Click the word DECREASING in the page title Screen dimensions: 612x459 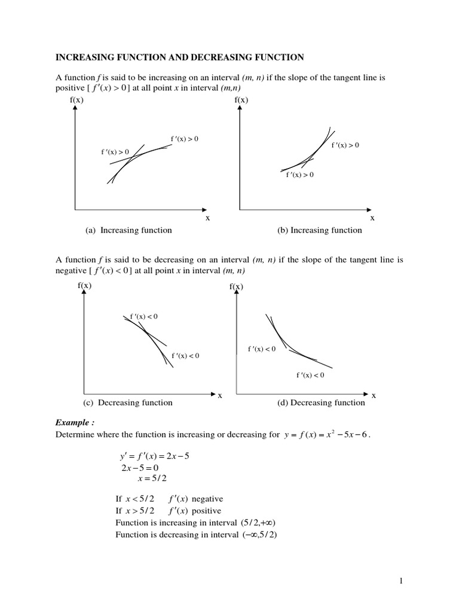click(219, 57)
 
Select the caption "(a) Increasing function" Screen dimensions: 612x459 click(128, 230)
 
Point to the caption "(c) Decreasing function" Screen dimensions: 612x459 click(128, 402)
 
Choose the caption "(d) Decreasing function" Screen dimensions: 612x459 click(321, 402)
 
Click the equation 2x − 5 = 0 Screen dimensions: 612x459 click(141, 467)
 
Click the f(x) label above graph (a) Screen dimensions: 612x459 click(75, 100)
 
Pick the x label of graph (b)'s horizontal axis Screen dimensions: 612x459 click(372, 218)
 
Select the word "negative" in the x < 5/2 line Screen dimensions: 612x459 click(208, 499)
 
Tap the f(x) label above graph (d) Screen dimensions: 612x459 click(236, 287)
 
